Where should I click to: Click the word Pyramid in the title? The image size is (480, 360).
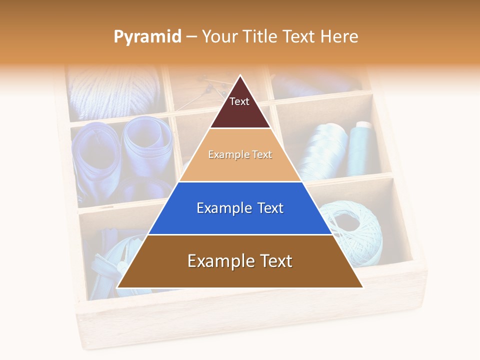click(147, 36)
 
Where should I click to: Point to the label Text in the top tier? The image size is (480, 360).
click(239, 101)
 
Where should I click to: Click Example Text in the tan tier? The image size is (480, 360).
click(240, 154)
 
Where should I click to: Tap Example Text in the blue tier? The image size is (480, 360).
click(240, 208)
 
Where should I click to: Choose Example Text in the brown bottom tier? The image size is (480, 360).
click(240, 261)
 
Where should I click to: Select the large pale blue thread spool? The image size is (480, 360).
click(327, 150)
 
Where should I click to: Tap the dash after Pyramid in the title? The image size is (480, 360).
click(191, 37)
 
